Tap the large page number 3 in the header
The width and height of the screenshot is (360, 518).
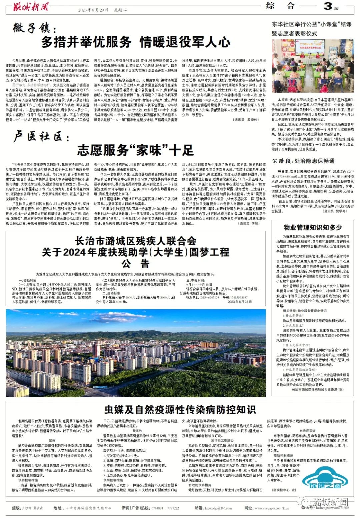click(328, 6)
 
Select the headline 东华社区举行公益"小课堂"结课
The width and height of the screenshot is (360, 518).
click(311, 24)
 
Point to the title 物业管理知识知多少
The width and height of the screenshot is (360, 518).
click(313, 227)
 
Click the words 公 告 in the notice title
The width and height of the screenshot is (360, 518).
click(135, 264)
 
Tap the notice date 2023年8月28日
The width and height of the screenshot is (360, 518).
click(240, 302)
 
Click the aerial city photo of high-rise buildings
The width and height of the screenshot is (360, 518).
click(136, 353)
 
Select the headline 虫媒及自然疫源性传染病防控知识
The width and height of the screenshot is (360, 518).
click(180, 409)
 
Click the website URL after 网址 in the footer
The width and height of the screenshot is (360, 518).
click(272, 508)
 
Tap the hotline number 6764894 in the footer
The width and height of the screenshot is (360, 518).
click(157, 508)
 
